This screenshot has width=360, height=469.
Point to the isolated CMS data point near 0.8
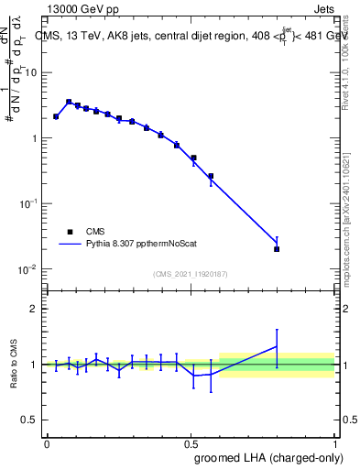(277, 248)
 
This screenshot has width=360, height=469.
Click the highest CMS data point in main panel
(69, 102)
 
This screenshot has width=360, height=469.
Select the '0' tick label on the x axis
(46, 443)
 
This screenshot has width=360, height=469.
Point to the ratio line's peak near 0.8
(277, 346)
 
